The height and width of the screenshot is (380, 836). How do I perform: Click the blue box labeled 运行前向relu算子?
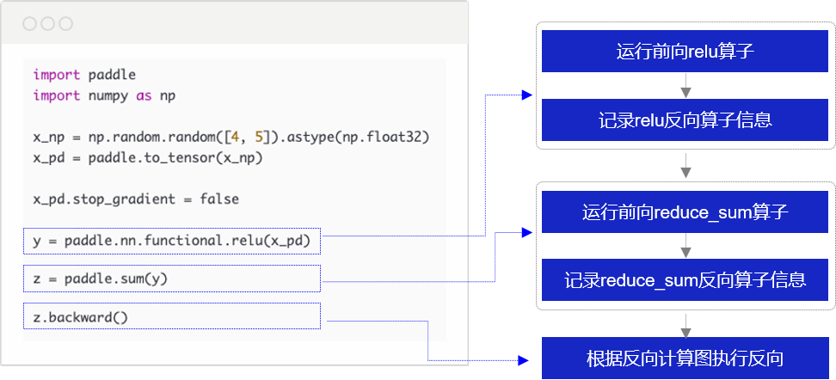(x=685, y=52)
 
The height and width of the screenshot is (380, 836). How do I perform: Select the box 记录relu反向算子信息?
(x=685, y=120)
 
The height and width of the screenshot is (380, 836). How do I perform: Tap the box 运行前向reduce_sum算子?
(x=685, y=212)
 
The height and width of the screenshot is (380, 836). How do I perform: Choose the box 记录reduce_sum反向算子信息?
(x=685, y=279)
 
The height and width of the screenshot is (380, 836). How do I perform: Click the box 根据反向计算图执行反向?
(x=685, y=359)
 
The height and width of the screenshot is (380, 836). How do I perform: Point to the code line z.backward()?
(x=81, y=317)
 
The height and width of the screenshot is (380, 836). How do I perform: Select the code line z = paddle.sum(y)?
(x=101, y=279)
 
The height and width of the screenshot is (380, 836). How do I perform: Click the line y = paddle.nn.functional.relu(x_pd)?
(x=171, y=241)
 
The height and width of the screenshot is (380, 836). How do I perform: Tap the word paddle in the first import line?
(x=112, y=75)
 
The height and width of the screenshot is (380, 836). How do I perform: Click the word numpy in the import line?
(x=108, y=96)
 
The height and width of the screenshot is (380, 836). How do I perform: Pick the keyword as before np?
(x=144, y=96)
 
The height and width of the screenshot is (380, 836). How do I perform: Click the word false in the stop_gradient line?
(x=219, y=199)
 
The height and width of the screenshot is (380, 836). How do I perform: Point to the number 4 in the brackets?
(x=235, y=138)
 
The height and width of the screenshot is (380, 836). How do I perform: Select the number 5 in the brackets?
(x=259, y=138)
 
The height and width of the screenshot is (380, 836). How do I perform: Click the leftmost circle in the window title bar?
(x=30, y=23)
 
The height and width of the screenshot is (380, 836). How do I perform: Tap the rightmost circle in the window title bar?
(x=65, y=23)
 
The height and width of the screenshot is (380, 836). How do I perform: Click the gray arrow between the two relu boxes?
(x=685, y=85)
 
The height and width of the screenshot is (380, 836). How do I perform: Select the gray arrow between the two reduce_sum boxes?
(x=685, y=246)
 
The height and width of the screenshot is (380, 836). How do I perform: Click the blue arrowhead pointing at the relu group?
(x=526, y=95)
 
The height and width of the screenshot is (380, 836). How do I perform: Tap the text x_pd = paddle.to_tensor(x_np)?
(x=148, y=159)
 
